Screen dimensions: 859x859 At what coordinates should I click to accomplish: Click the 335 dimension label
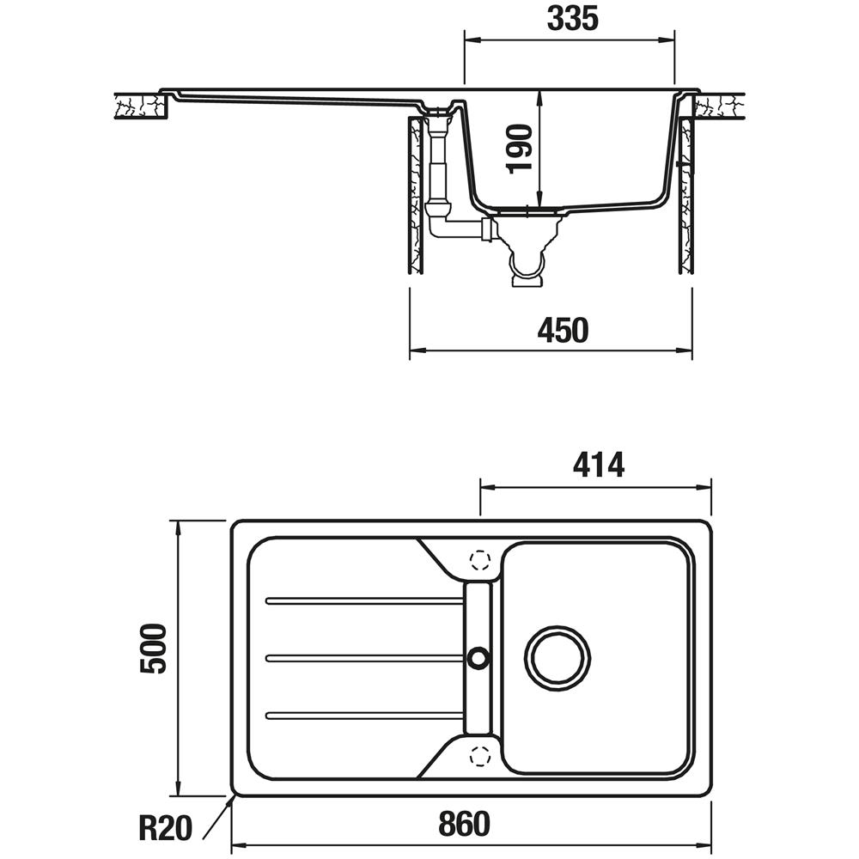(x=572, y=19)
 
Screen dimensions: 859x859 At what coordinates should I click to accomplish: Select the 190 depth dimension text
(x=520, y=149)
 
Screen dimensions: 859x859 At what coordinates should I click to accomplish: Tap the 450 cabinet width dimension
(x=563, y=330)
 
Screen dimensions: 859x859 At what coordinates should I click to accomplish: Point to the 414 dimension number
(x=598, y=466)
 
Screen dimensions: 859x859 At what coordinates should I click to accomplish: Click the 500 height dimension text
(x=153, y=648)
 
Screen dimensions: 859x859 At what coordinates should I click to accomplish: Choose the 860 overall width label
(x=464, y=824)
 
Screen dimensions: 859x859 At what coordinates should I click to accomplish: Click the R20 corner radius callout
(x=165, y=828)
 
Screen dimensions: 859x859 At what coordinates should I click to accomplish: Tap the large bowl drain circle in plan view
(x=557, y=657)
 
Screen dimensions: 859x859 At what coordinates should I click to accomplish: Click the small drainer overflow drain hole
(x=478, y=657)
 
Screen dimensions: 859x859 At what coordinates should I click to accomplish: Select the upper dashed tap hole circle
(x=480, y=559)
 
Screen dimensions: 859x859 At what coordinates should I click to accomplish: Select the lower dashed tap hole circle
(x=480, y=756)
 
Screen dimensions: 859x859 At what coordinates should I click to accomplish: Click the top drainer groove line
(x=365, y=601)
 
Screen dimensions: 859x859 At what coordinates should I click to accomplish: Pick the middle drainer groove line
(x=365, y=658)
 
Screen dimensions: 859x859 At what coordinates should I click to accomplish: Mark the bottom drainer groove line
(x=365, y=715)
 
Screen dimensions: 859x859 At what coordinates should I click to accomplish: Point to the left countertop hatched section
(x=140, y=106)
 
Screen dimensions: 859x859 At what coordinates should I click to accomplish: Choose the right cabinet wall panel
(x=686, y=196)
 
